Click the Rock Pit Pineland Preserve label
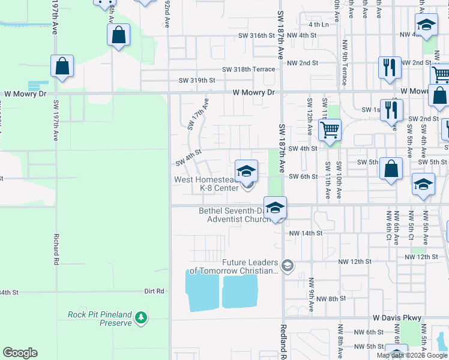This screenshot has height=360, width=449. point(99,319)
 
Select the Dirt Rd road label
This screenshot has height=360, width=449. point(154,292)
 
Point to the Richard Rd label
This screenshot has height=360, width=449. point(56,250)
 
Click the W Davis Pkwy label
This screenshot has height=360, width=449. point(397,317)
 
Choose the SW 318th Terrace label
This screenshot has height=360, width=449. point(249,69)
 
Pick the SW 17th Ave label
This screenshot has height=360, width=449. point(197,114)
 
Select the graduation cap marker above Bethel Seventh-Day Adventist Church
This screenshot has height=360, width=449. point(275,208)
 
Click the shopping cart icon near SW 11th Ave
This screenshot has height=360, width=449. point(330,129)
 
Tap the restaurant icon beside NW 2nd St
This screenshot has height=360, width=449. point(390,67)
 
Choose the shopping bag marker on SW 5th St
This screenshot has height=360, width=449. point(391,170)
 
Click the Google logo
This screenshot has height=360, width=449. point(20,353)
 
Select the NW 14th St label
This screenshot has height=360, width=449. point(306,233)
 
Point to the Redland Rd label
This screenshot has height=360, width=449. point(284,341)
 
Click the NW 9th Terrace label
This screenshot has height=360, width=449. point(345,62)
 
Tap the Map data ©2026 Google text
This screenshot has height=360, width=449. point(412,355)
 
